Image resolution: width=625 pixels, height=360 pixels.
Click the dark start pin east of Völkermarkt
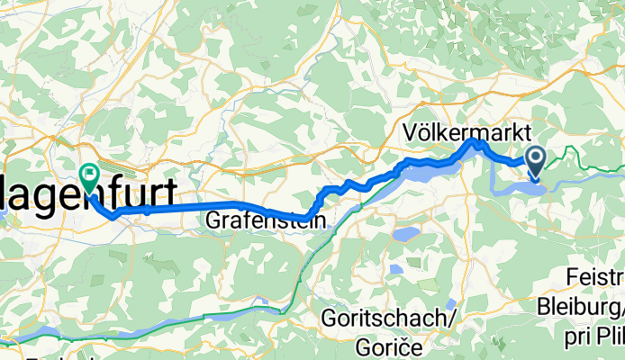coord(535,161)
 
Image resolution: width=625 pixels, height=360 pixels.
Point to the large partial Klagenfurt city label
coord(89,198)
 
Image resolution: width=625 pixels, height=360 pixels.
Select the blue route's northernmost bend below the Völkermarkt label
coord(475,142)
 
